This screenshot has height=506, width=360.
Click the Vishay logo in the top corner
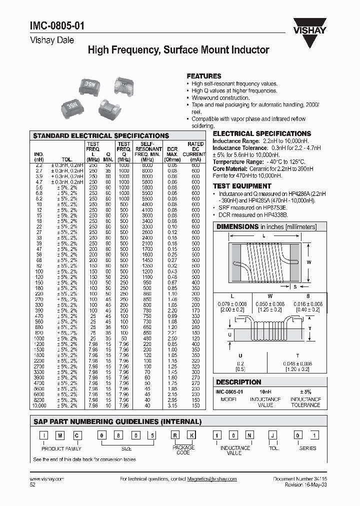coord(313,24)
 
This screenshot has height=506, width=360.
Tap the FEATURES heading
coord(203,75)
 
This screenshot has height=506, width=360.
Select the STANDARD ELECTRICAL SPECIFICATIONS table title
coord(100,135)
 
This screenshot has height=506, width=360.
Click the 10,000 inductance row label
coord(38,405)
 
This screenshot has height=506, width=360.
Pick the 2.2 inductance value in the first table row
coord(38,165)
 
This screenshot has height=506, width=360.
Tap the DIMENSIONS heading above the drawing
coord(237,226)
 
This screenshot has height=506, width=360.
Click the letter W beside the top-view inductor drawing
coord(309,261)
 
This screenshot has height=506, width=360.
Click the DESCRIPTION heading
coord(239,381)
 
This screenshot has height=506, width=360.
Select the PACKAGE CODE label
coord(184,450)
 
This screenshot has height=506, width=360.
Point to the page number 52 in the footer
coord(33,485)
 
